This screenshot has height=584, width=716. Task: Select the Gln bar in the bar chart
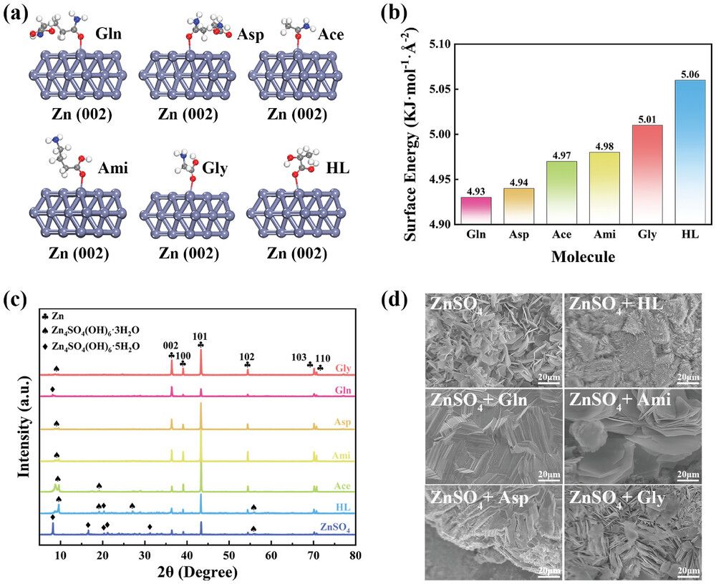coord(476,210)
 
